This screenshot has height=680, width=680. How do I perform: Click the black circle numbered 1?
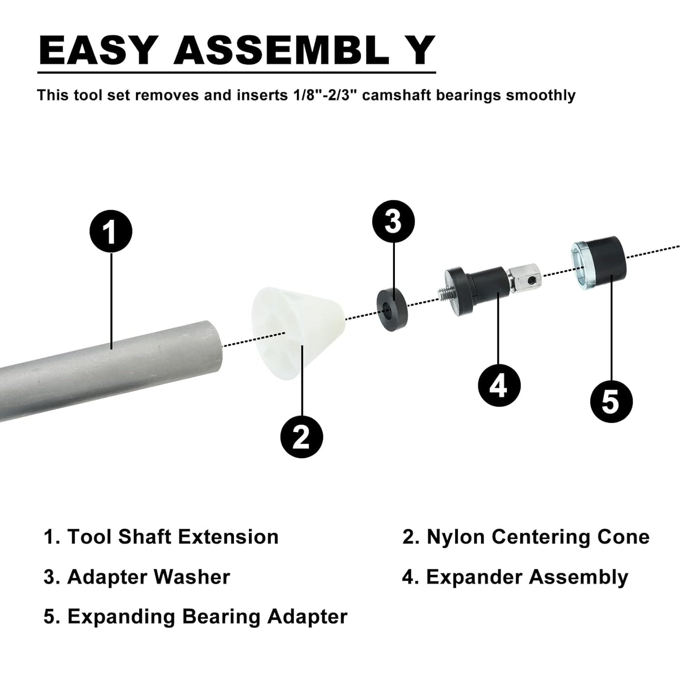pyautogui.click(x=111, y=231)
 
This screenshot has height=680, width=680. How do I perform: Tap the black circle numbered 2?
pyautogui.click(x=301, y=437)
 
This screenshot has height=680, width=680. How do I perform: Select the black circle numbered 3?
pyautogui.click(x=393, y=221)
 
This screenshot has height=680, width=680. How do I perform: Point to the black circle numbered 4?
pyautogui.click(x=499, y=385)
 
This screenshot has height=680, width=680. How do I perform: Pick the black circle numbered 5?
pyautogui.click(x=611, y=401)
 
